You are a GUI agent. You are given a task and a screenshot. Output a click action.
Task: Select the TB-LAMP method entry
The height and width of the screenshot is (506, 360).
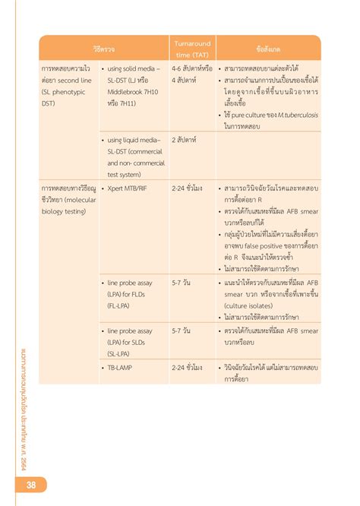click(x=127, y=367)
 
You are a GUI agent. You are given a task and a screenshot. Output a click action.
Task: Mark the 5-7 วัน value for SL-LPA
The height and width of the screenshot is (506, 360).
click(x=181, y=331)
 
